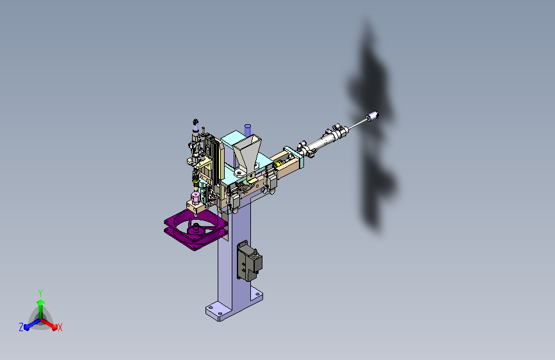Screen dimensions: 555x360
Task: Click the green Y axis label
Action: click(40, 293)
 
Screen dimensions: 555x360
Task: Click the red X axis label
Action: click(60, 328)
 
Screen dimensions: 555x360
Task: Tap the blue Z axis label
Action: click(21, 327)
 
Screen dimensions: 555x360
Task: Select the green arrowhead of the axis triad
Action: click(41, 302)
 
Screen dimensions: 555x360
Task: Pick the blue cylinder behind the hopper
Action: click(248, 129)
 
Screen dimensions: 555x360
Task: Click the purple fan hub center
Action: click(195, 229)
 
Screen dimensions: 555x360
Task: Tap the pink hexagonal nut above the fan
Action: click(195, 197)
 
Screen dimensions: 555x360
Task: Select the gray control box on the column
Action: click(249, 261)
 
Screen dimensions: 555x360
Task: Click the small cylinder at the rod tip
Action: click(373, 116)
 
